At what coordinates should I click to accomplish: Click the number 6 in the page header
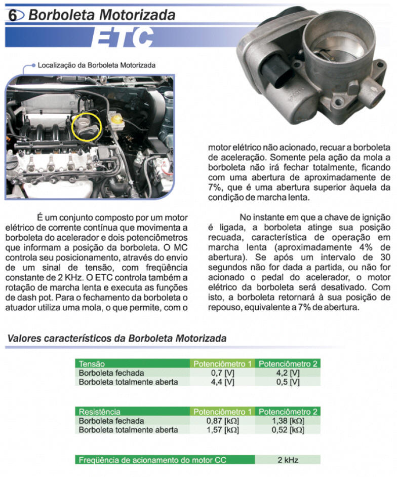coord(13,15)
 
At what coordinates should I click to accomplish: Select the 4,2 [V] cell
coord(288,373)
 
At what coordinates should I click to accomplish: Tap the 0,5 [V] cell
coord(288,382)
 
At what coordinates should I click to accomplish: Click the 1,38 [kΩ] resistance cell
coord(288,421)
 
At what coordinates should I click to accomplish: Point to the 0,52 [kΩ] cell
coord(288,430)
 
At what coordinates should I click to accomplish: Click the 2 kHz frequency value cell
coord(288,460)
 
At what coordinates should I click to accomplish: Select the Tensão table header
coord(92,363)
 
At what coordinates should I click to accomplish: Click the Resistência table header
coord(100,412)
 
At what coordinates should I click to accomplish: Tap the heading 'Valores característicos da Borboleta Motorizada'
coord(117,338)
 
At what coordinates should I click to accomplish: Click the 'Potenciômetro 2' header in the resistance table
coord(288,412)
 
